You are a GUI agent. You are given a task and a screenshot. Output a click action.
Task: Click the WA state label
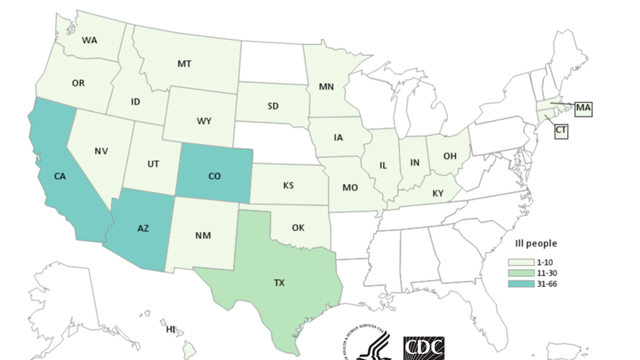coord(89,40)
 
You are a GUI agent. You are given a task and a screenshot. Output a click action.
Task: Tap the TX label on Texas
coord(279,283)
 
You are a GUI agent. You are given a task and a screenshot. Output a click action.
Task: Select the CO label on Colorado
coord(214,176)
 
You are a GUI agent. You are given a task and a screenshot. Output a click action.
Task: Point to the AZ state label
coord(143,229)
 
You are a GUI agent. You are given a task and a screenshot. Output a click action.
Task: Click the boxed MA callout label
coord(583,108)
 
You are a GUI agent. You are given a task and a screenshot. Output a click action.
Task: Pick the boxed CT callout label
coord(561,131)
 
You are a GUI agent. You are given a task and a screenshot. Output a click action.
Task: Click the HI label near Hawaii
coord(171,330)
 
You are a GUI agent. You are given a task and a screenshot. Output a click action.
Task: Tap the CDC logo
coord(424,348)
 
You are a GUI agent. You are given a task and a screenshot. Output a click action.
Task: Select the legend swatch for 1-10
coord(521,262)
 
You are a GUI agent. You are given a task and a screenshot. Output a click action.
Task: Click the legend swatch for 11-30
coord(521,273)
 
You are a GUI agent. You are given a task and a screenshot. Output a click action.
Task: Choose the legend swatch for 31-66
coord(521,284)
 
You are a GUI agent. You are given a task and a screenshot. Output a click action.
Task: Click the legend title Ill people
coord(536,243)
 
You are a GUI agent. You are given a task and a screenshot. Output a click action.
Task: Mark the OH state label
coord(450,156)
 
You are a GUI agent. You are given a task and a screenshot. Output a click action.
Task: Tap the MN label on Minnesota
coord(326,87)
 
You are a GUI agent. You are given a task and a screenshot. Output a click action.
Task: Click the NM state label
coord(203,235)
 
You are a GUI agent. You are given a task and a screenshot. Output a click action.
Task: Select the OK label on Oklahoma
coord(298,227)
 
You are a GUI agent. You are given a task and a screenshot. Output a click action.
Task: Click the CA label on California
coord(60,176)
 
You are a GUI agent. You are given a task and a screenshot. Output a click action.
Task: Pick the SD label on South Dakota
coord(273,106)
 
